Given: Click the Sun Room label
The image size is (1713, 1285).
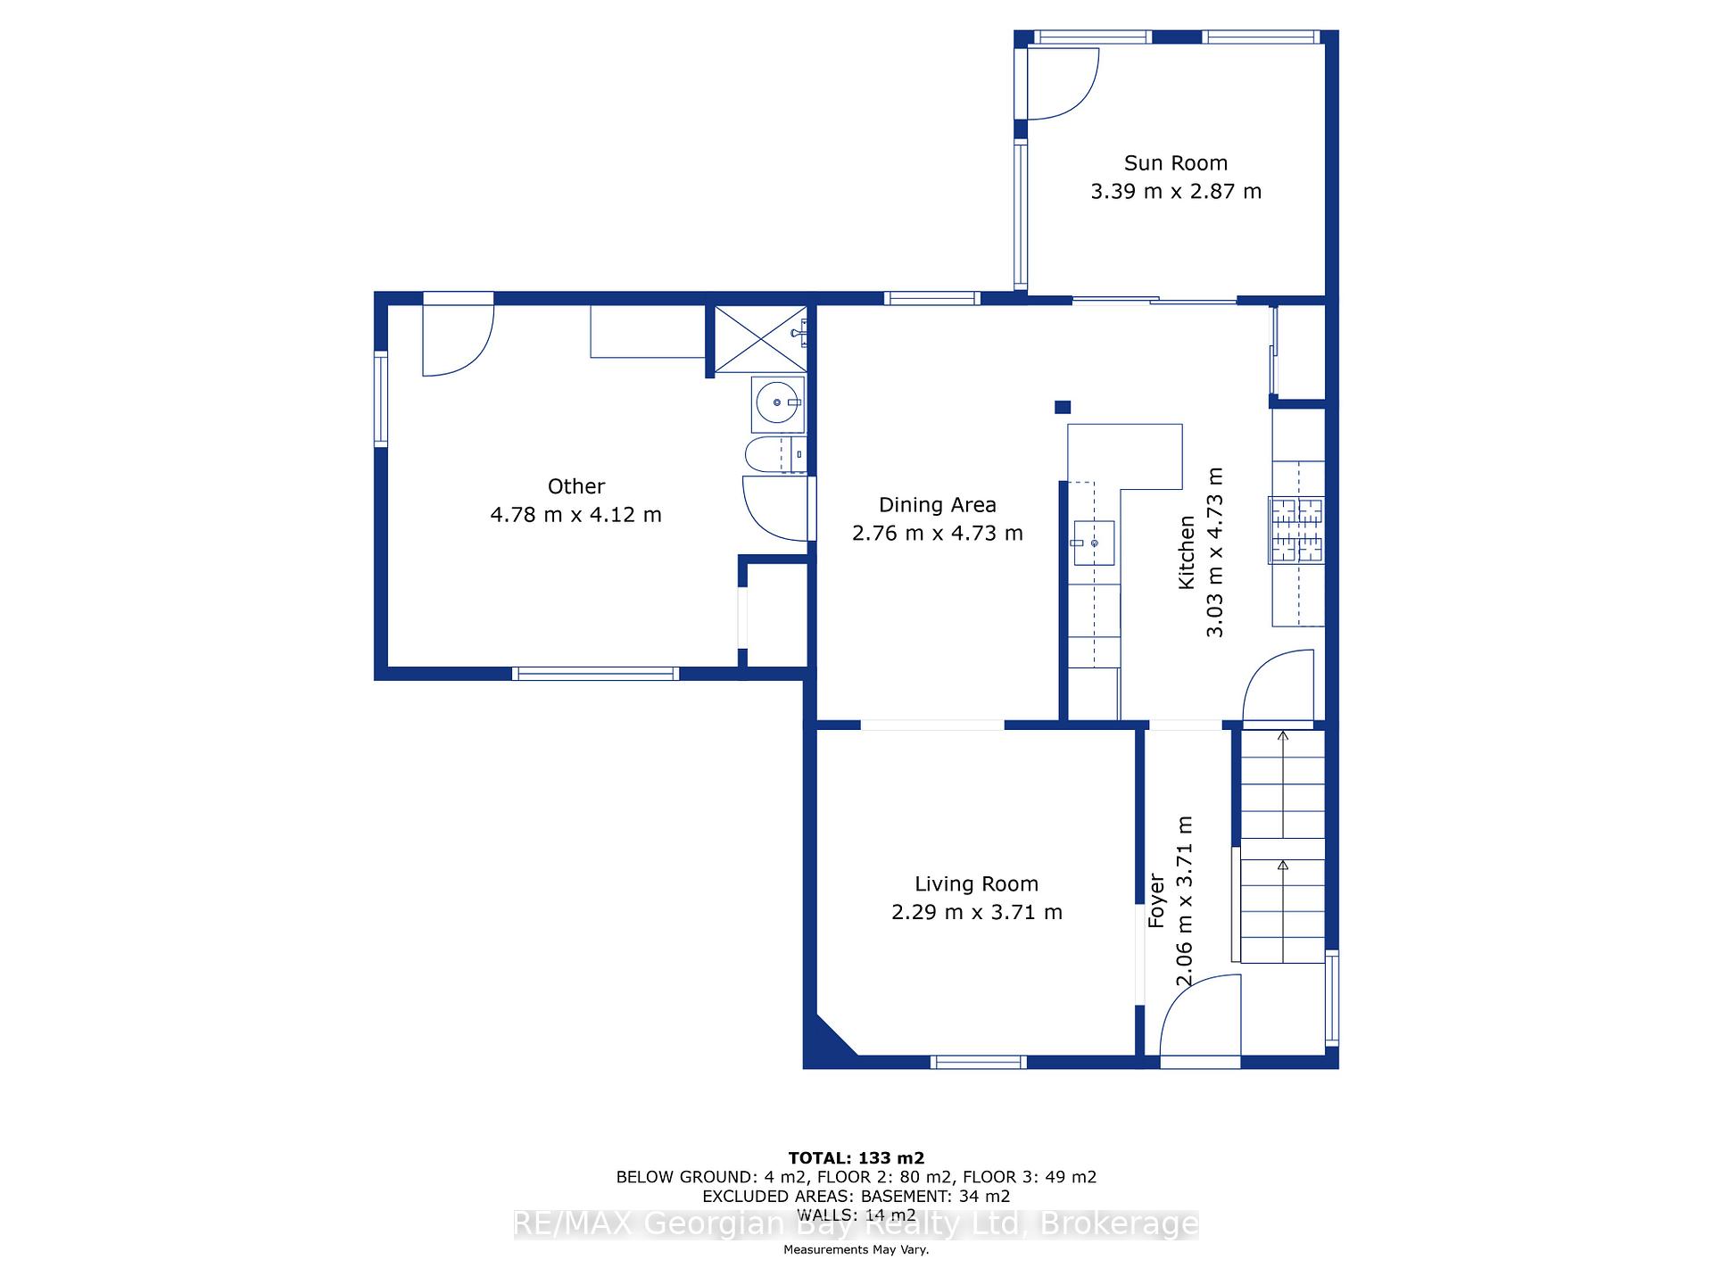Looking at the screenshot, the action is [1175, 163].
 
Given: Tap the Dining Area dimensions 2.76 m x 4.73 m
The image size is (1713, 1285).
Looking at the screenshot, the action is [937, 534].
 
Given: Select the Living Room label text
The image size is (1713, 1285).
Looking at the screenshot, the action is [976, 884].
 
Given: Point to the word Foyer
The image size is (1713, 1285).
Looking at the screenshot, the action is [1156, 901].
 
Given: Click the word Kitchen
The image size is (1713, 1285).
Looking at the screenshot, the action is [1186, 552].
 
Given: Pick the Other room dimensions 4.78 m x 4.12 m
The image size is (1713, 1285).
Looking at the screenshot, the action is [575, 515].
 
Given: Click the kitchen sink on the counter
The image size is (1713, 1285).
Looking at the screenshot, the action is [1093, 543].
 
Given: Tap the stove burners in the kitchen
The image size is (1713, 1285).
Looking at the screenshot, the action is [1296, 531].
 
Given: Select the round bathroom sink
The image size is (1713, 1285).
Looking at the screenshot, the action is [778, 403].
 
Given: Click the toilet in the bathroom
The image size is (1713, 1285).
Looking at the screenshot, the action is [774, 455].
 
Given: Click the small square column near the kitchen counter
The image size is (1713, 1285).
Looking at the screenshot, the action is [1063, 407].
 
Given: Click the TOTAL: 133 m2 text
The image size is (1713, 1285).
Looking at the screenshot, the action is [856, 1158].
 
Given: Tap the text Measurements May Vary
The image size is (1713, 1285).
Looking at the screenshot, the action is [856, 1249].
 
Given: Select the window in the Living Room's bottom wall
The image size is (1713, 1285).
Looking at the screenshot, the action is [978, 1062].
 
